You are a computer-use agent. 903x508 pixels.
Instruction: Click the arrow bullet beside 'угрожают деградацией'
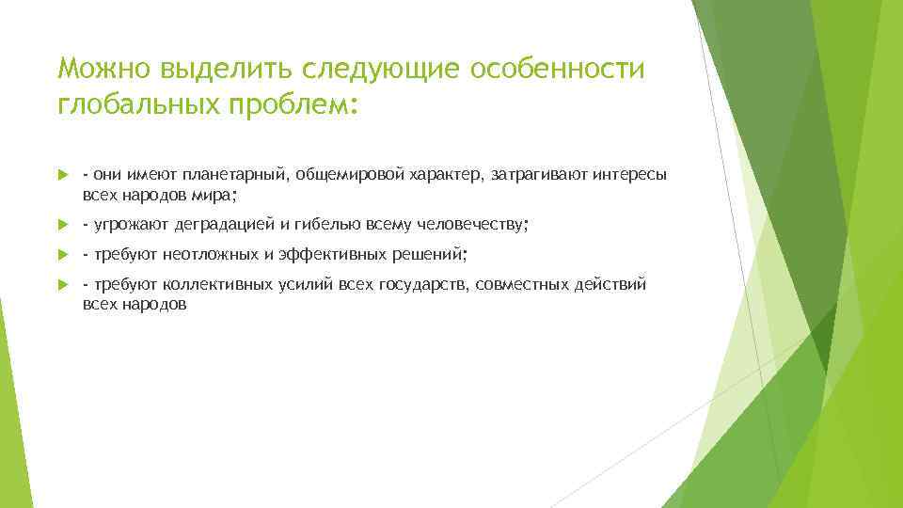click(62, 225)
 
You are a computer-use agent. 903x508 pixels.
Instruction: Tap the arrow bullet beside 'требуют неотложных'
click(62, 255)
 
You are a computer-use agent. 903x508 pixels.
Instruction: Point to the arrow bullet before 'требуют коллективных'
click(62, 285)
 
